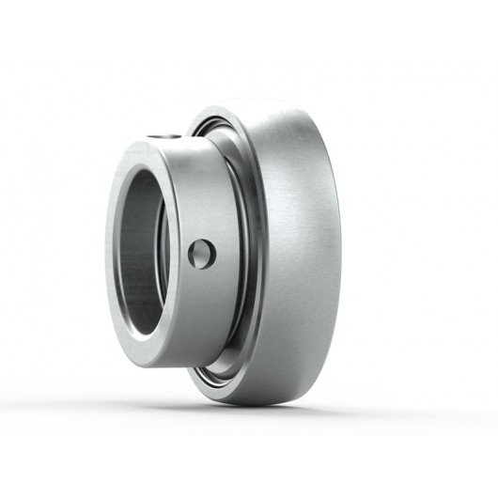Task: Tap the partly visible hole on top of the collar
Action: click(166, 137)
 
